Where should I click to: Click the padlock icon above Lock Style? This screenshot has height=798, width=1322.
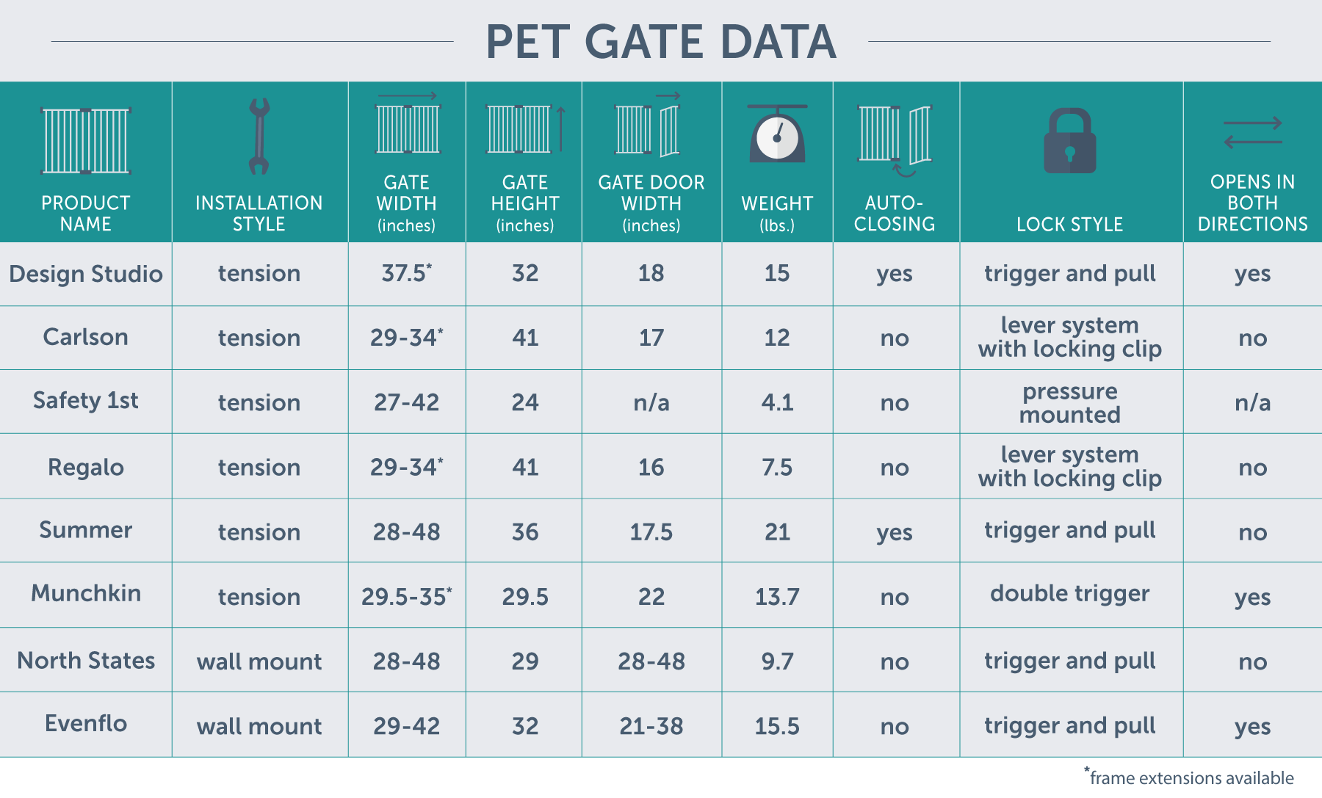[1069, 141]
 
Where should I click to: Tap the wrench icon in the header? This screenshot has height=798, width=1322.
[259, 137]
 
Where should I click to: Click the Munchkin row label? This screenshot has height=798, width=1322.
[86, 593]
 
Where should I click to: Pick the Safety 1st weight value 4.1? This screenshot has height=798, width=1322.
[777, 402]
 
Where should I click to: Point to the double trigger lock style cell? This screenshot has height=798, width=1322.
[1069, 593]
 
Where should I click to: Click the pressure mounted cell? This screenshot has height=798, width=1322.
[1069, 403]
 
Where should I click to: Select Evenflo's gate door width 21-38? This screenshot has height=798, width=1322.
[651, 726]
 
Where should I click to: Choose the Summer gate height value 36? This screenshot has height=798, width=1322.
[524, 532]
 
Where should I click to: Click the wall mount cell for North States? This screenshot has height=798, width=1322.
[259, 661]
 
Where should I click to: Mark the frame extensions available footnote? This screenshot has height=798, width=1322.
[1191, 777]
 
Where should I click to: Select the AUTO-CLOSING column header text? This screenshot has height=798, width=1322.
[894, 214]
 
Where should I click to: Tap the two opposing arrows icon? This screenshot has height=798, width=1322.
[1252, 133]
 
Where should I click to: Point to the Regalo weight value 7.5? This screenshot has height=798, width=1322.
[777, 467]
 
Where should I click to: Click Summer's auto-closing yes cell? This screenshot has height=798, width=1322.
[894, 532]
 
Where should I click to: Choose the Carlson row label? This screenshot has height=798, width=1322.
[86, 337]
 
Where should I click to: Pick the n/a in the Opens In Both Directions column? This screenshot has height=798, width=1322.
[1252, 402]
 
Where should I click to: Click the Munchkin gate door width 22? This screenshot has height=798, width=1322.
[651, 597]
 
